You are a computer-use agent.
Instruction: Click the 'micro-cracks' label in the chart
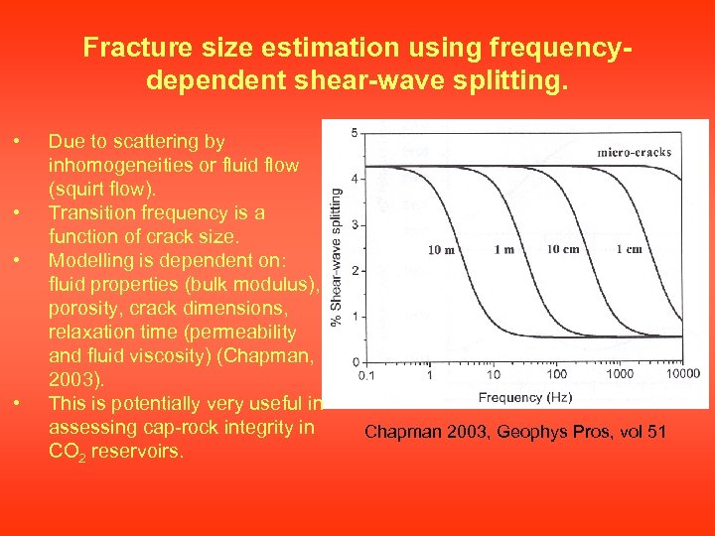tap(634, 152)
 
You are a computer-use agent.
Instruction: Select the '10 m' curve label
tap(442, 249)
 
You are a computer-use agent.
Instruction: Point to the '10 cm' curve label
tap(563, 249)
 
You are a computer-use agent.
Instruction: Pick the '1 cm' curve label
tap(629, 249)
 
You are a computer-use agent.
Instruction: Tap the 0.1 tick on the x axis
tap(366, 375)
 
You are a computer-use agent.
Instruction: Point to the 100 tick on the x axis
tap(557, 374)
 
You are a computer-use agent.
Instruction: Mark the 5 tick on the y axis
tap(356, 133)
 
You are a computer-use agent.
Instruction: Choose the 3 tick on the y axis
tap(356, 225)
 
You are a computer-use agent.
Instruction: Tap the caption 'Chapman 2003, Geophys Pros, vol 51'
tap(515, 432)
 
